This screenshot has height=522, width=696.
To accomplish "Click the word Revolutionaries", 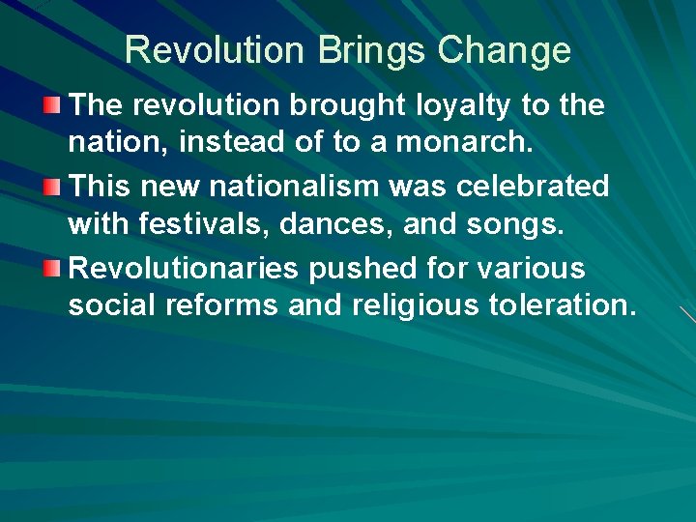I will (184, 267).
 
